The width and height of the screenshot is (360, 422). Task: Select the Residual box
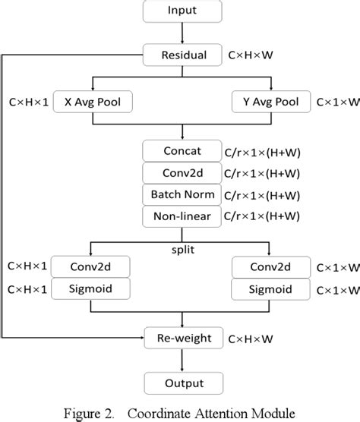pos(182,55)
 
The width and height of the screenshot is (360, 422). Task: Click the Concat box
pos(182,150)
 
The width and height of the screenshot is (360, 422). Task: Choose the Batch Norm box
pos(182,194)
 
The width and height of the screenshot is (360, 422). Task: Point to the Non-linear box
pos(182,216)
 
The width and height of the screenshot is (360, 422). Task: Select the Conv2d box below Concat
pos(182,172)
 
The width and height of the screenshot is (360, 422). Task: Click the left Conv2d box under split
pos(92,266)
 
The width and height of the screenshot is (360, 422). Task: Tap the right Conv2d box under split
pos(271,266)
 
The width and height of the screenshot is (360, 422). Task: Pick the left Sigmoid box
pos(92,288)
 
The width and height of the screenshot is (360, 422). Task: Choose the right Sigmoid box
pos(271,288)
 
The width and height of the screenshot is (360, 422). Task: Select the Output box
pos(182,381)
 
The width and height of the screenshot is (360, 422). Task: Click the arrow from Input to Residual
pos(182,34)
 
